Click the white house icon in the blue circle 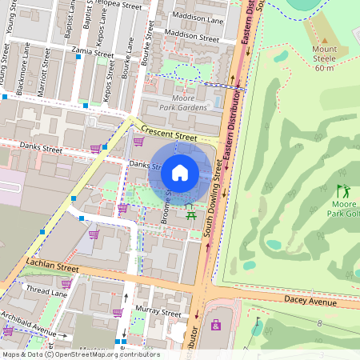pos(180,172)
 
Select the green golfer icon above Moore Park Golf pos(343,192)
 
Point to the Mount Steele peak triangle pos(324,40)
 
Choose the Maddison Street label pos(191,36)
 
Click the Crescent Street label pos(168,132)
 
